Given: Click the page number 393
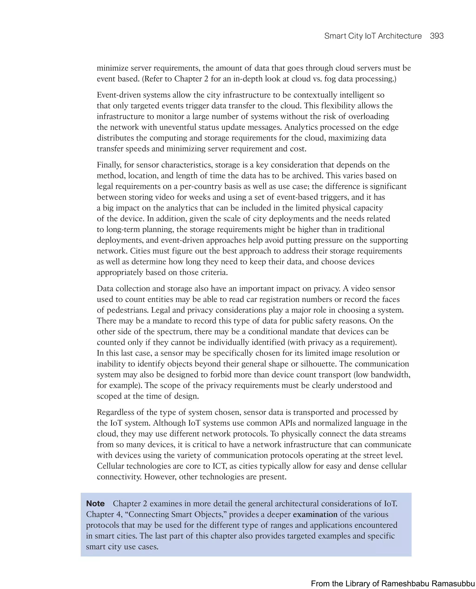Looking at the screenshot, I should coord(436,36).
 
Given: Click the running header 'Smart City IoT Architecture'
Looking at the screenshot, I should coord(373,36).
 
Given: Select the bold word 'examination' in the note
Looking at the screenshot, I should coord(315,514).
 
